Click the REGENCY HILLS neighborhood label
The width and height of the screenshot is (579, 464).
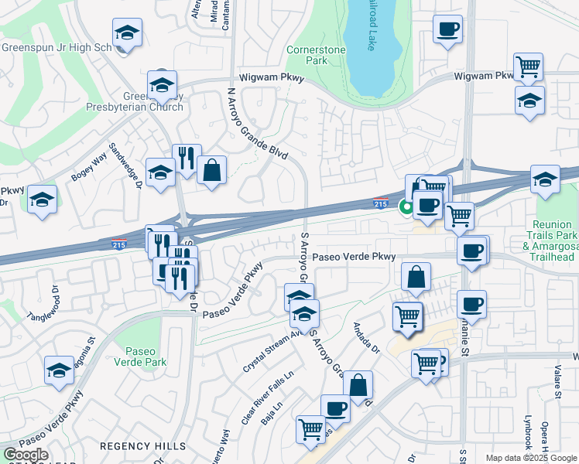(142, 446)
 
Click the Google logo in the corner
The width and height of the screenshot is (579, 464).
(26, 455)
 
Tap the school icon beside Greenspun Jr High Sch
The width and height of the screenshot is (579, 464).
(126, 32)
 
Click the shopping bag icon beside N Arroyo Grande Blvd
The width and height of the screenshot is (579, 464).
(211, 169)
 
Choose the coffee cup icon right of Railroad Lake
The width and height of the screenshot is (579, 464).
(447, 29)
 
